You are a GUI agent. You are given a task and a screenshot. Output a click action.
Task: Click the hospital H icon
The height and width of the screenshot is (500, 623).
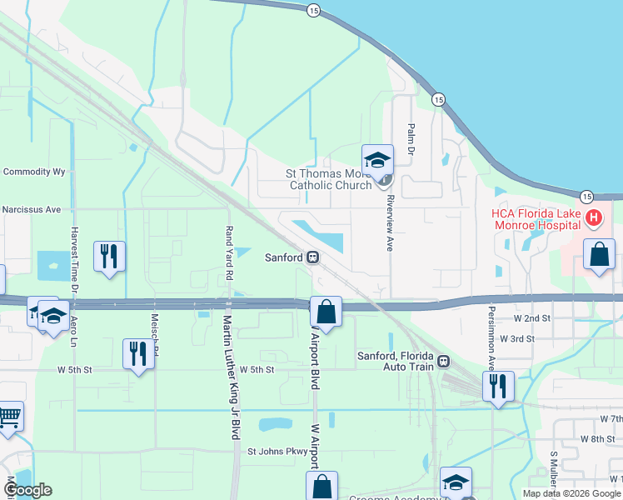[593, 219]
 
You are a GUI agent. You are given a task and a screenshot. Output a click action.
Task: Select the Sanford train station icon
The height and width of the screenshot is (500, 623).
[313, 257]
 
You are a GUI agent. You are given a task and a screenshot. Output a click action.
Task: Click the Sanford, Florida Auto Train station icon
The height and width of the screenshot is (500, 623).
[443, 362]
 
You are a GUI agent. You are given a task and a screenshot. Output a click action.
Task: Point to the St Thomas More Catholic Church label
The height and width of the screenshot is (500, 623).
[329, 179]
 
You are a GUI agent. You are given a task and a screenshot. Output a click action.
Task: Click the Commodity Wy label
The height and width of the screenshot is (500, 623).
[34, 172]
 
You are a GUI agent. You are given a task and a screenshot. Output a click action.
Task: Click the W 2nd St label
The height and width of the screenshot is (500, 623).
[533, 318]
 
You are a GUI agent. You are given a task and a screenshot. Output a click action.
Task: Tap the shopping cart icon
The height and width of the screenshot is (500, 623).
[8, 414]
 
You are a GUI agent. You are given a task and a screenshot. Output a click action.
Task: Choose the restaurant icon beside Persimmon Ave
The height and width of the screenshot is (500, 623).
[498, 386]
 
